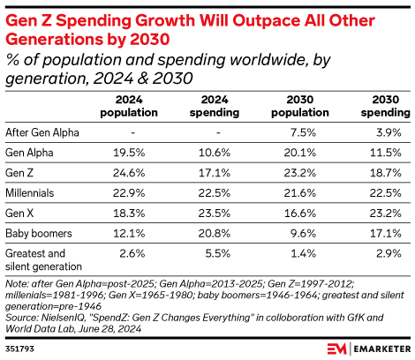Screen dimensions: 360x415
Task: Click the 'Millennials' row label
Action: [28, 192]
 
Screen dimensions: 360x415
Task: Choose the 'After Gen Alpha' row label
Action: [41, 131]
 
